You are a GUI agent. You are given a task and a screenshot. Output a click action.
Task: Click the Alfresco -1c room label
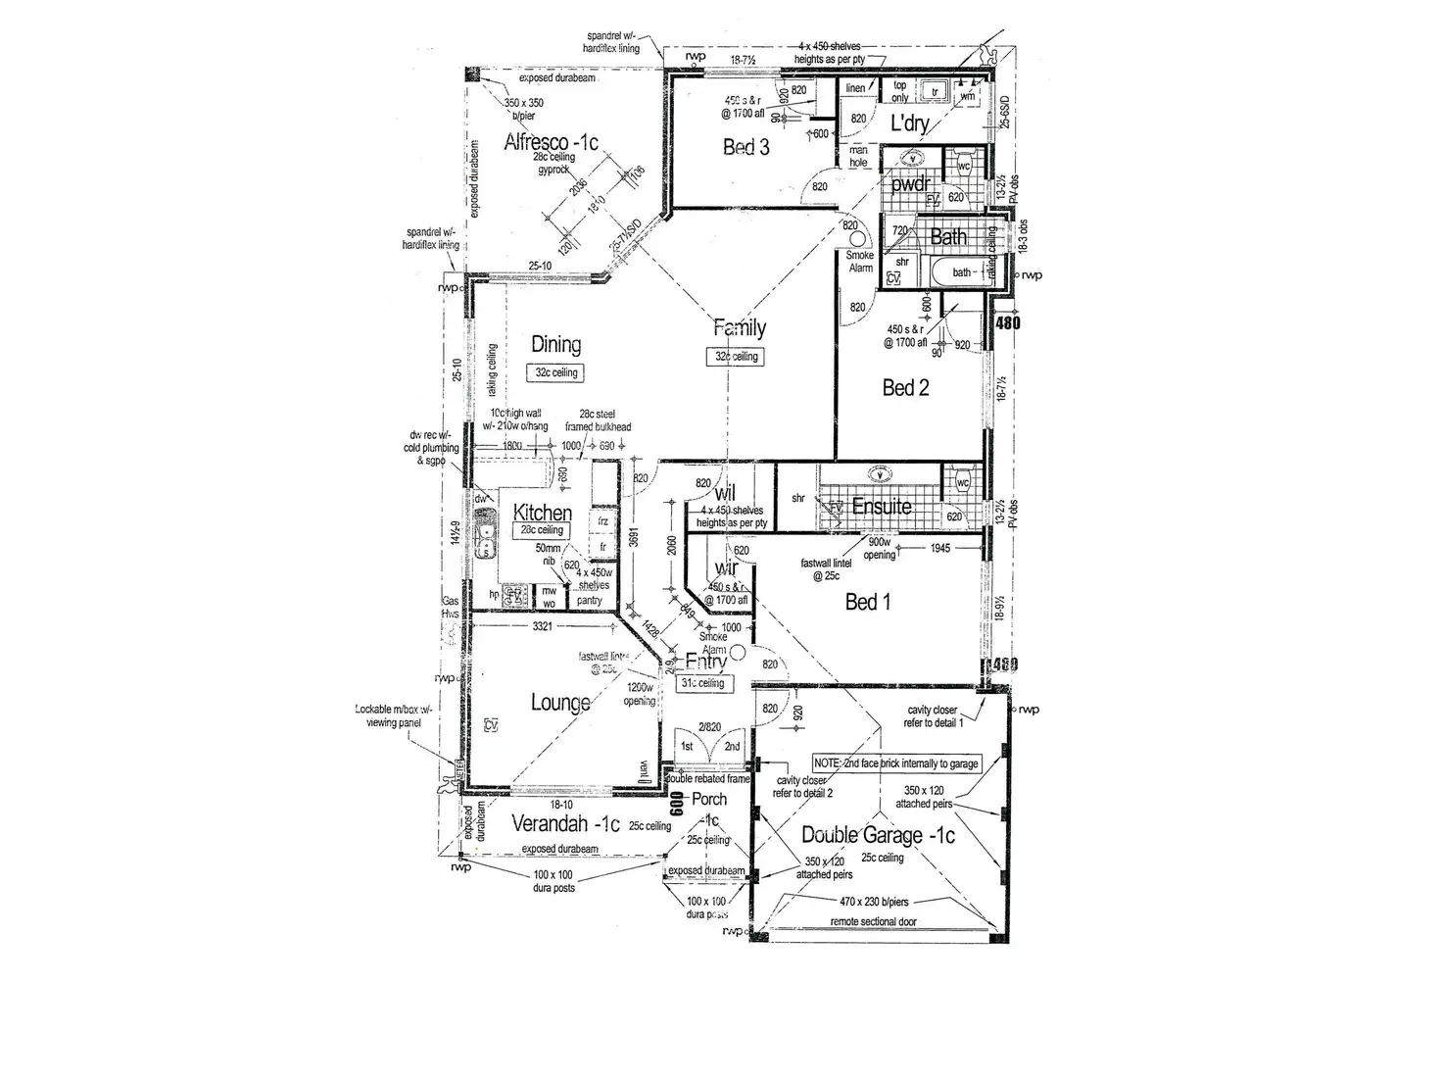551,142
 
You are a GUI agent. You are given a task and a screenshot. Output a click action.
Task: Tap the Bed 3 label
745,148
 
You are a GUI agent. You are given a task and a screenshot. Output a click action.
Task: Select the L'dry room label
908,125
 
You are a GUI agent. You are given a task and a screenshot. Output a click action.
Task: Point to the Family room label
739,328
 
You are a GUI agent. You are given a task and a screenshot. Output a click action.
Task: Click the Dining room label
555,345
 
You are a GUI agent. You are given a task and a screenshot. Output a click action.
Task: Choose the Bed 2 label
905,388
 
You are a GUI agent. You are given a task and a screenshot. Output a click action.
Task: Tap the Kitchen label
543,513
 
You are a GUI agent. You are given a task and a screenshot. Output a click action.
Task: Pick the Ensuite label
882,507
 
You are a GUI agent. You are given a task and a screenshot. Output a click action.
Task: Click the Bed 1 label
868,602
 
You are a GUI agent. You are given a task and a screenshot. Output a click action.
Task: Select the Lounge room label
560,702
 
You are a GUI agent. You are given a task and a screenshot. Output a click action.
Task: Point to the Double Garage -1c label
878,835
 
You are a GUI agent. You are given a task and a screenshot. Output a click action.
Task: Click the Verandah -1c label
566,825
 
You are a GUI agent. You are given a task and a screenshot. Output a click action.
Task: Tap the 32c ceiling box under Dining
556,373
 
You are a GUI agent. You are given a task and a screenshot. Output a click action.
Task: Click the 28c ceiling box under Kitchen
542,530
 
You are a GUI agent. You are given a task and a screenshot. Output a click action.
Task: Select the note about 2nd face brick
896,763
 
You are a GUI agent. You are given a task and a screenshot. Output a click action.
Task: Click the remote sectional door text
874,922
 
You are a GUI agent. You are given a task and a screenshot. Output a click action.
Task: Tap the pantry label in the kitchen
589,601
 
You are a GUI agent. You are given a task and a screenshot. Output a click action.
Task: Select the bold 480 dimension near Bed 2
1007,322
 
